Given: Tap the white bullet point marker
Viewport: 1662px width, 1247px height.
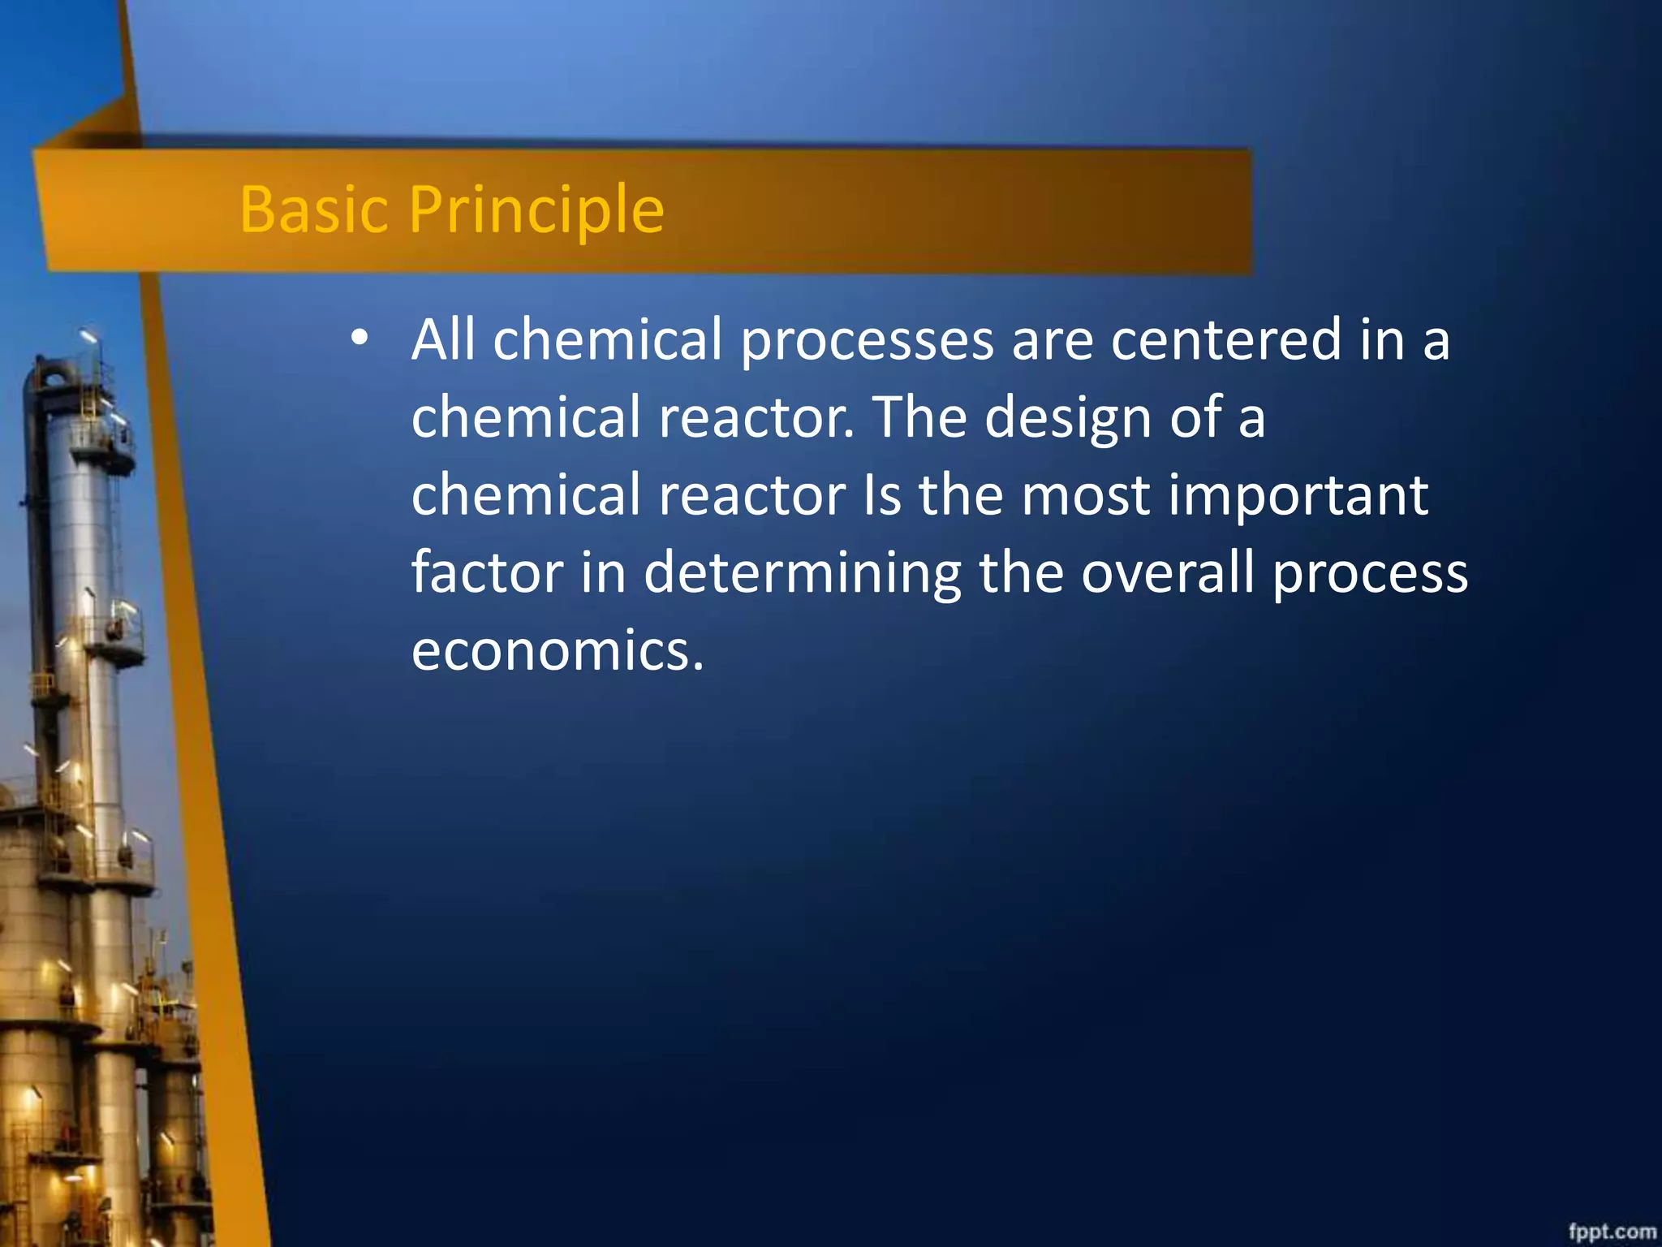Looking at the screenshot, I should [360, 337].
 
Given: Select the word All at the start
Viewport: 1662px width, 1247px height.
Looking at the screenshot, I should [442, 339].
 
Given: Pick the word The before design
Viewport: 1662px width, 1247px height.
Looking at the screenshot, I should [919, 417].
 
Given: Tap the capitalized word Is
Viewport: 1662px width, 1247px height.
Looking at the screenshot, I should [882, 494].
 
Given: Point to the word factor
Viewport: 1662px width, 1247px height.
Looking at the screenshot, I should [487, 572].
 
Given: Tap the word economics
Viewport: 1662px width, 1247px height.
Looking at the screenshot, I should [557, 650].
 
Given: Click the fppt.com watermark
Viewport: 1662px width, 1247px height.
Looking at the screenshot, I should [1612, 1232].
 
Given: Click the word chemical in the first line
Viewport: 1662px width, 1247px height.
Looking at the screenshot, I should [607, 339].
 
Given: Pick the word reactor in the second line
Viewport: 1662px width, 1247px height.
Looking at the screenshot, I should [755, 417].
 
